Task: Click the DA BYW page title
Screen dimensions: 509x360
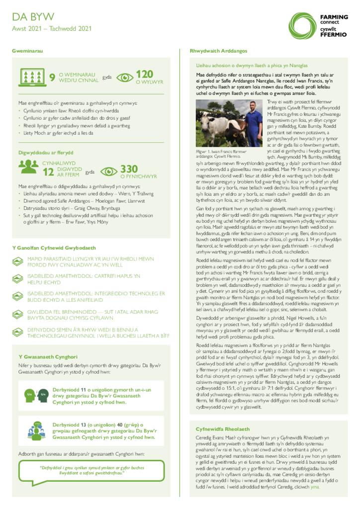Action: (33, 17)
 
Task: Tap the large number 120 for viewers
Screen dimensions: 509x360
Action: (145, 75)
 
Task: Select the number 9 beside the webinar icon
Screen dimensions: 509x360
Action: (52, 78)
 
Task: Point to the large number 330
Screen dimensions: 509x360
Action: (129, 170)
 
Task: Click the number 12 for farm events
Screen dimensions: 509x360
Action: (48, 172)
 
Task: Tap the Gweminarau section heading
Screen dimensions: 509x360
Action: (27, 51)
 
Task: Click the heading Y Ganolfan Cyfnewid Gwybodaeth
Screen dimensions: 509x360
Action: (54, 248)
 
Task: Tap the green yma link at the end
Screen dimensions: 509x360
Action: (315, 487)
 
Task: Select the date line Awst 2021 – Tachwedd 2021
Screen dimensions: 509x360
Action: (52, 29)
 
